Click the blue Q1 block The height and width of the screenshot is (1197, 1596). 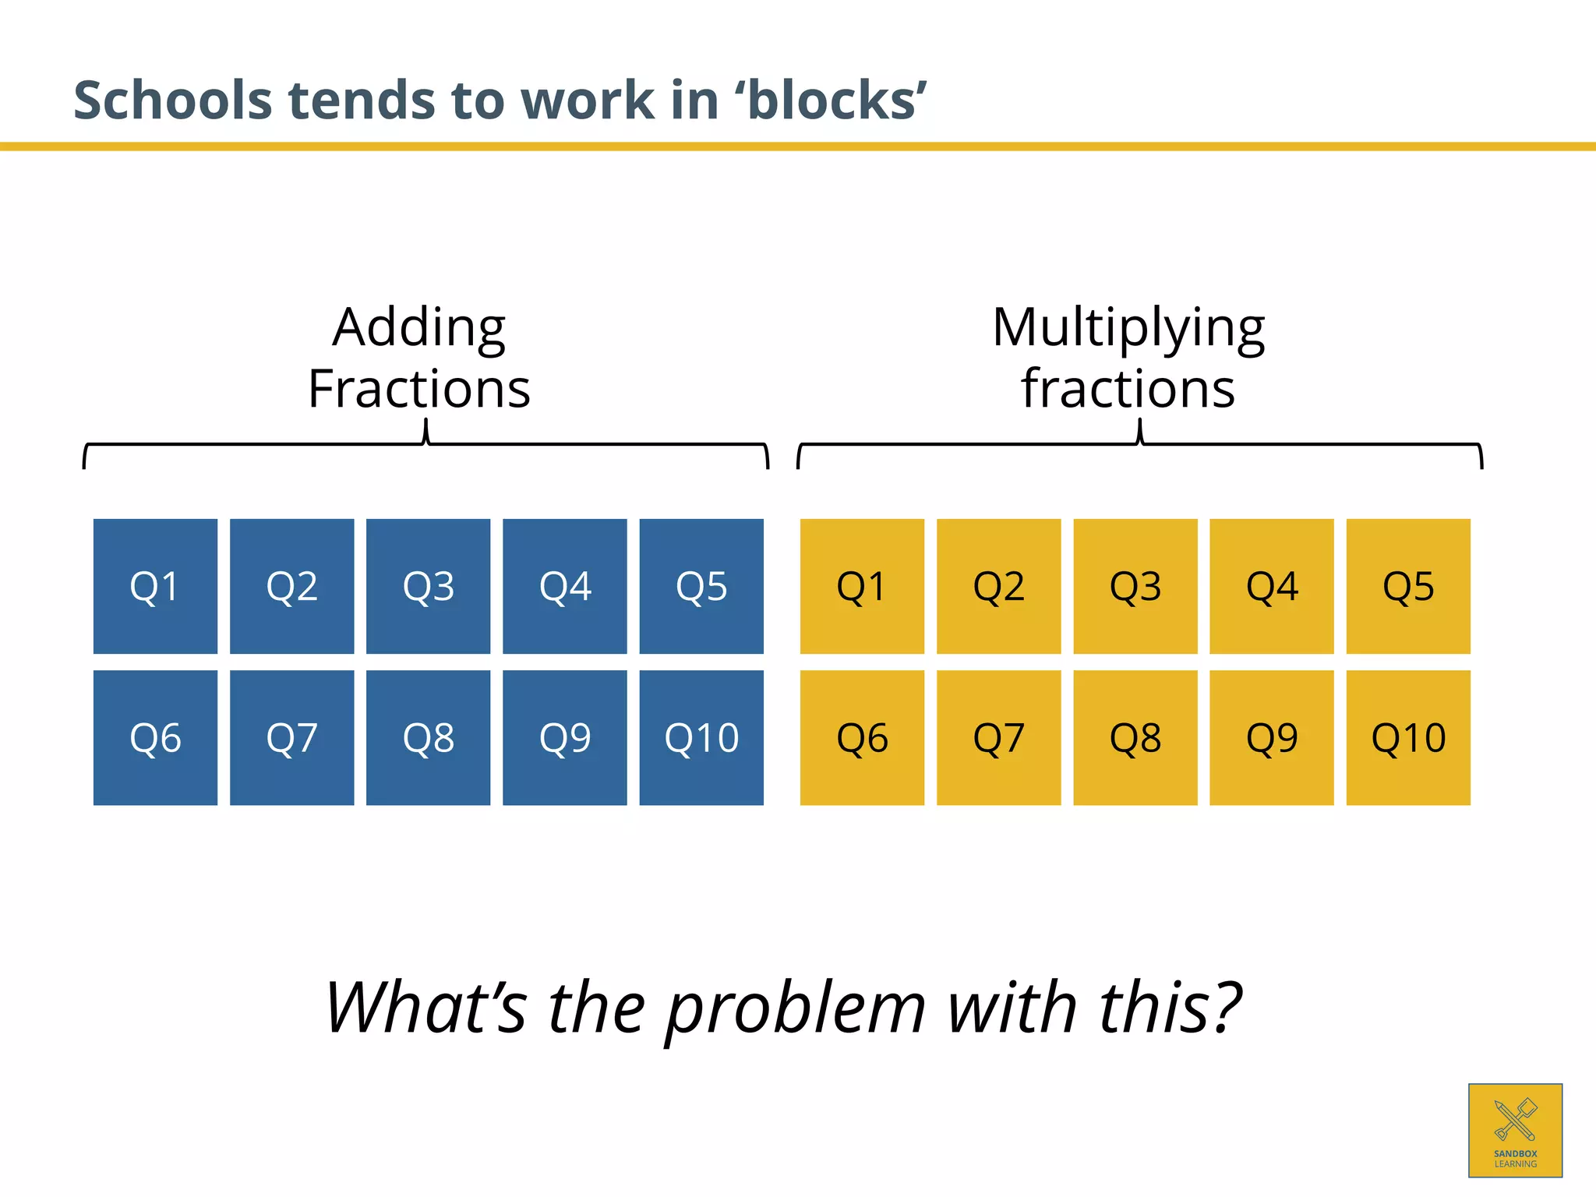pyautogui.click(x=155, y=586)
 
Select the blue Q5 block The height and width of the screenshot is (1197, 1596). pyautogui.click(x=701, y=586)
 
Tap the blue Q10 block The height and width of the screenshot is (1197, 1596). pyautogui.click(x=701, y=737)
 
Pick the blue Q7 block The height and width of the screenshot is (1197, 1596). pyautogui.click(x=291, y=737)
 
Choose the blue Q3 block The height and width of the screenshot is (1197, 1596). pyautogui.click(x=428, y=586)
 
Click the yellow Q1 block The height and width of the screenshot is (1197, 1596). pyautogui.click(x=862, y=586)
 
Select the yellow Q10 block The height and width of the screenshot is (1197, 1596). pyautogui.click(x=1408, y=737)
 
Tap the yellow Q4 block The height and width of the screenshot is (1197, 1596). pyautogui.click(x=1271, y=586)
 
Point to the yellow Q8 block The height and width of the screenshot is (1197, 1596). pyautogui.click(x=1135, y=737)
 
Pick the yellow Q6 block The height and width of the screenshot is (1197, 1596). pyautogui.click(x=862, y=737)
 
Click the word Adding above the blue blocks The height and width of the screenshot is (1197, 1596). pyautogui.click(x=419, y=328)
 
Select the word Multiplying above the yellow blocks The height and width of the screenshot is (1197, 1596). pyautogui.click(x=1128, y=328)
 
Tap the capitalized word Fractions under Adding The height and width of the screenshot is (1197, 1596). pyautogui.click(x=419, y=388)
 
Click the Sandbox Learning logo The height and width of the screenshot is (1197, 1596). pyautogui.click(x=1515, y=1130)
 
